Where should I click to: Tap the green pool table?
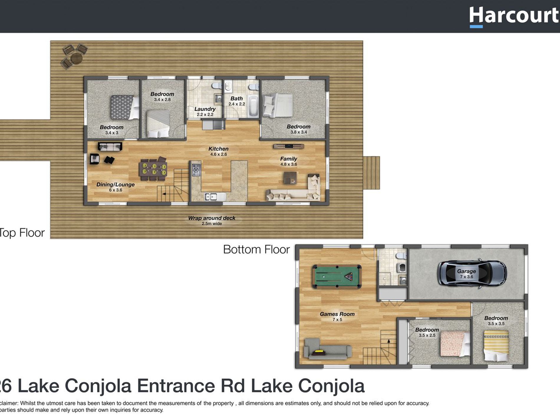(x=337, y=276)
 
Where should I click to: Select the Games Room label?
(x=337, y=316)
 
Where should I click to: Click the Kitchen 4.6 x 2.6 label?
(x=218, y=151)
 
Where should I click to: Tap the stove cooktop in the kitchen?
(x=196, y=170)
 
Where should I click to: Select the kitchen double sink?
(x=211, y=197)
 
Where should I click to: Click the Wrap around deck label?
(x=212, y=220)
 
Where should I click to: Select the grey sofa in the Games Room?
(x=327, y=350)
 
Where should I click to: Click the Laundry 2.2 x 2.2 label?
(x=205, y=111)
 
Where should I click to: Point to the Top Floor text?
(x=22, y=233)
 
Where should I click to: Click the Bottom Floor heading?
(x=256, y=250)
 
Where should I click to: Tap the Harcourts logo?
(x=514, y=16)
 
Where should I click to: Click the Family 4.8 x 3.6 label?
(x=289, y=161)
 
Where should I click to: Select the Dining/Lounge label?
(x=115, y=187)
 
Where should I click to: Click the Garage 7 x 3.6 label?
(x=466, y=274)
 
